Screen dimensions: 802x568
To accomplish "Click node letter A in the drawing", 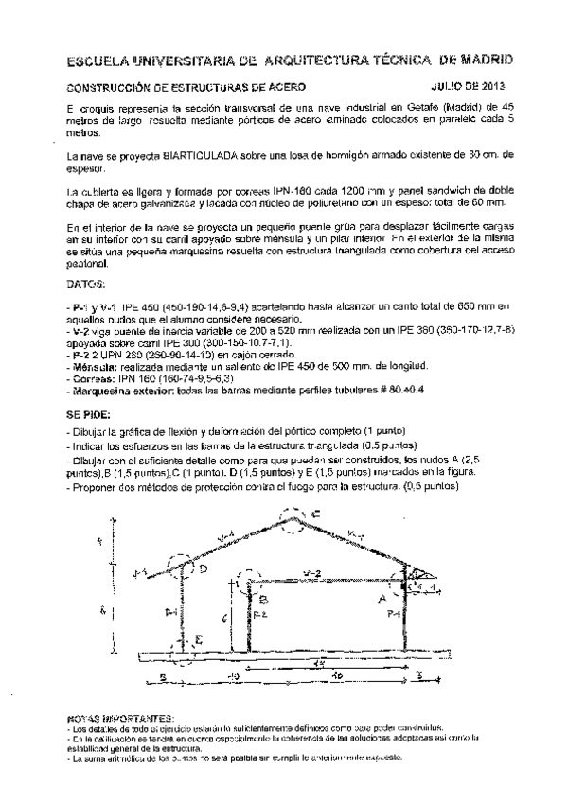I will [x=382, y=599].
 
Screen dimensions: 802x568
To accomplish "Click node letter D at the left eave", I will [x=203, y=569].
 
